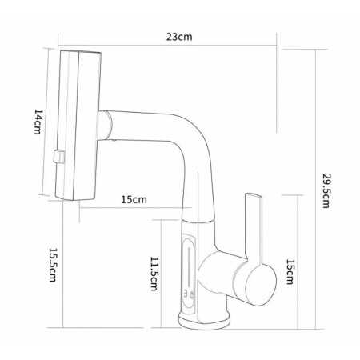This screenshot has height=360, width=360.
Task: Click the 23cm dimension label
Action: tap(179, 37)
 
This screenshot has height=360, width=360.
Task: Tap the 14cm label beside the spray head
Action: tap(38, 122)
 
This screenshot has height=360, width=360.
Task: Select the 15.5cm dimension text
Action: tap(53, 265)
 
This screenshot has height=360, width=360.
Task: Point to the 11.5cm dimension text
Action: tap(154, 274)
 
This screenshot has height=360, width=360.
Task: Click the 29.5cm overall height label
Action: tap(326, 190)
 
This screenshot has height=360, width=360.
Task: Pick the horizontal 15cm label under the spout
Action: tap(134, 199)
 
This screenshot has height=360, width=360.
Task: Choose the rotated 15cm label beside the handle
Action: tap(290, 272)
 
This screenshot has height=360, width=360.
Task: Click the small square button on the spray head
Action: tap(59, 157)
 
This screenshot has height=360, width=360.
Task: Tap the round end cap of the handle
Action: tap(261, 285)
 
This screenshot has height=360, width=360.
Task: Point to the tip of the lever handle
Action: tap(253, 195)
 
